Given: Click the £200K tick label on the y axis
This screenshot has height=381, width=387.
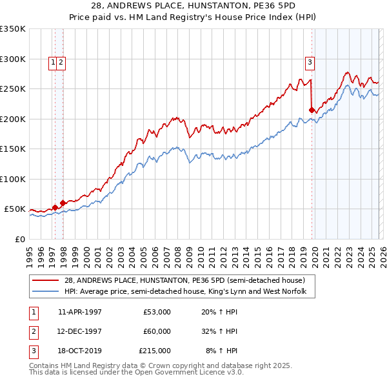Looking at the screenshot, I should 12,119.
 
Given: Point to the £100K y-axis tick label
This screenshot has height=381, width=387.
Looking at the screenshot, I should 12,179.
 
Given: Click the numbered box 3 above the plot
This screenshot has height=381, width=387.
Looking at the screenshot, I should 310,63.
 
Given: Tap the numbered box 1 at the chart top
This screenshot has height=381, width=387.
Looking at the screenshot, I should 52,63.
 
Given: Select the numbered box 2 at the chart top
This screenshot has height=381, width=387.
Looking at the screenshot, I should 61,63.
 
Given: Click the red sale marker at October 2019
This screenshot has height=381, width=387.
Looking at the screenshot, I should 312,110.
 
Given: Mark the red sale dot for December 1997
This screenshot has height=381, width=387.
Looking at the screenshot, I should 63,203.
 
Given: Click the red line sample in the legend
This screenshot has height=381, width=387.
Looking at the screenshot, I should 46,280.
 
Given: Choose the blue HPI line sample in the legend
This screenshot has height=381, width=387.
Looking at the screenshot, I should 46,292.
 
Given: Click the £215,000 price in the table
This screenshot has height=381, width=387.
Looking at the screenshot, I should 155,351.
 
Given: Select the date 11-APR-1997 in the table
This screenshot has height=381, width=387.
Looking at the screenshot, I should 80,312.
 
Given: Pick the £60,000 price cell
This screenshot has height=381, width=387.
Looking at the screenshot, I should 157,331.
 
